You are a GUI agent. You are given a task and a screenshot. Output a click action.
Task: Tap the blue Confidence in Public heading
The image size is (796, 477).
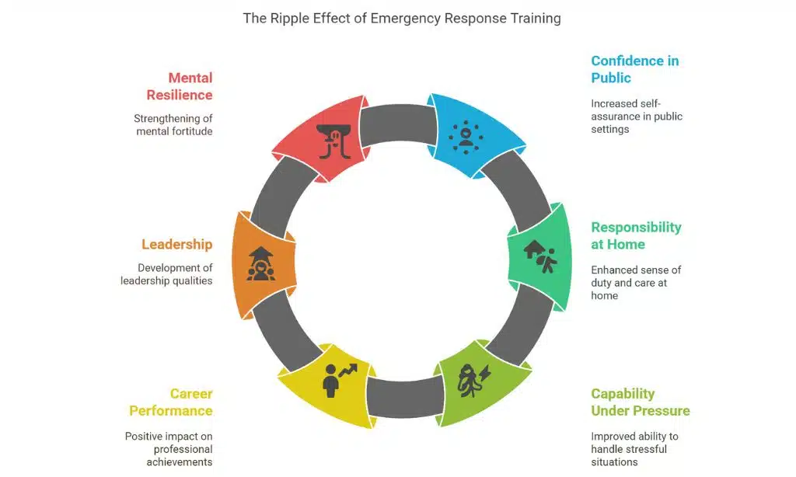pyautogui.click(x=634, y=69)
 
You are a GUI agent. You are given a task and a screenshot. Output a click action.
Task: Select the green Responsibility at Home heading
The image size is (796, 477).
pyautogui.click(x=635, y=235)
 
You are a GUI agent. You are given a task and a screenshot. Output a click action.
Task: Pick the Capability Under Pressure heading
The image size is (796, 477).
pyautogui.click(x=640, y=402)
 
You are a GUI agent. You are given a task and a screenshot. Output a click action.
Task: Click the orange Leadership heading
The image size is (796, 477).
pyautogui.click(x=176, y=244)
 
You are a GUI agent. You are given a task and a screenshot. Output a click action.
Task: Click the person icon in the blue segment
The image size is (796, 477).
pyautogui.click(x=466, y=134)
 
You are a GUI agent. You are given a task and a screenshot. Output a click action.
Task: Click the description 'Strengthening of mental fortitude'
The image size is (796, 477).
pyautogui.click(x=173, y=125)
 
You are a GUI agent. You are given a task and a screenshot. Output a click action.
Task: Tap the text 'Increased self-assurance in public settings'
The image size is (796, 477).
pyautogui.click(x=637, y=117)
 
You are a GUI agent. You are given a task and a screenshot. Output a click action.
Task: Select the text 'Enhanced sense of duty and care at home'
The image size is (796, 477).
pyautogui.click(x=635, y=283)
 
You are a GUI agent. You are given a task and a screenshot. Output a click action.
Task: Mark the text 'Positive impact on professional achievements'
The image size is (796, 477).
pyautogui.click(x=169, y=449)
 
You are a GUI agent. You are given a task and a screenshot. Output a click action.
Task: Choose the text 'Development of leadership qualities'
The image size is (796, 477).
pyautogui.click(x=166, y=274)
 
